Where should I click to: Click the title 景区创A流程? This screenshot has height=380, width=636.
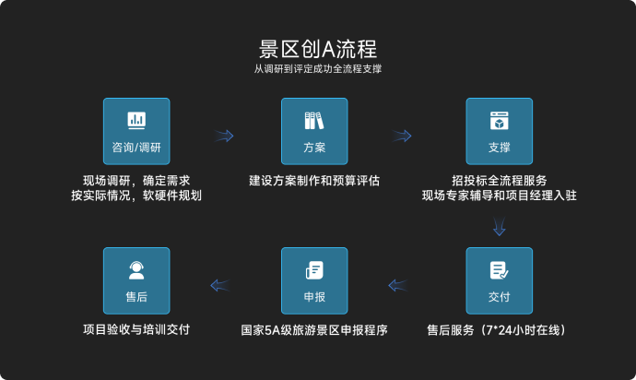click(317, 48)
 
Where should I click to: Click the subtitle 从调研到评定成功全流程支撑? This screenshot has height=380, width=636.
click(317, 69)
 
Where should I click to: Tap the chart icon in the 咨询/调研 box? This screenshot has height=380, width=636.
click(136, 120)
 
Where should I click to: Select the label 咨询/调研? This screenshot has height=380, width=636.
click(136, 148)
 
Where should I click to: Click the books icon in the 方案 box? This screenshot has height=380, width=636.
click(314, 120)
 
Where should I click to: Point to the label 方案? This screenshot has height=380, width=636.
click(314, 148)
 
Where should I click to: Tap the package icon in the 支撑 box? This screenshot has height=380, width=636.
click(499, 120)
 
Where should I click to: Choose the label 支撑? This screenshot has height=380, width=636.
click(499, 148)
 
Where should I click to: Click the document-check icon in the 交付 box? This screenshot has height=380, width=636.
click(499, 269)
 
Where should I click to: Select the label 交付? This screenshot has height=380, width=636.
click(499, 297)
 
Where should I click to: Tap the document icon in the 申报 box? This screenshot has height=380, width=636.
click(314, 269)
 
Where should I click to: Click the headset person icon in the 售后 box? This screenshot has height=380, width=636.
click(136, 269)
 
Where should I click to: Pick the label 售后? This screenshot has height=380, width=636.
click(136, 297)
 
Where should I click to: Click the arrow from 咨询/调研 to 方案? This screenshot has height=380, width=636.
click(224, 137)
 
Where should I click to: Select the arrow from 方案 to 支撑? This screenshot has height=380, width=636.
click(402, 137)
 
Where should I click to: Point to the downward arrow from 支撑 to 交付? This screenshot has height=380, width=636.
click(499, 225)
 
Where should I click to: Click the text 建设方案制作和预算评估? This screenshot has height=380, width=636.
click(314, 180)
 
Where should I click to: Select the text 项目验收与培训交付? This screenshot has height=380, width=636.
click(136, 329)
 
